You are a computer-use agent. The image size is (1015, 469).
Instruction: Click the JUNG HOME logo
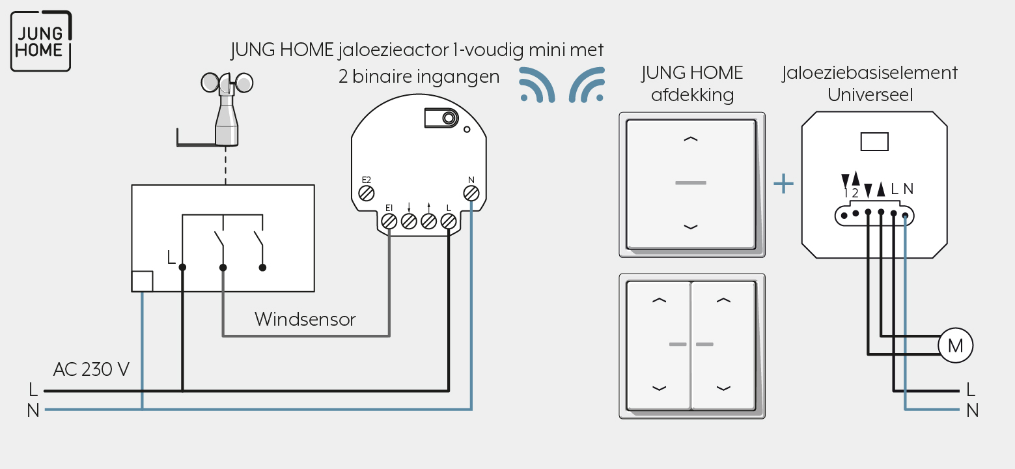41,41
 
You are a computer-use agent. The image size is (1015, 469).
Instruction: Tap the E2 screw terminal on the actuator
366,193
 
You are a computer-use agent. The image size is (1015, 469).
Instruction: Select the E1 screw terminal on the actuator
389,221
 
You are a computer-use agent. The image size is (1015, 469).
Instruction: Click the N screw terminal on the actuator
471,193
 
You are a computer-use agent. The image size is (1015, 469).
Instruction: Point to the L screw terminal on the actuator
449,221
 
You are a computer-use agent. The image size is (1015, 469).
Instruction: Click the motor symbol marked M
955,346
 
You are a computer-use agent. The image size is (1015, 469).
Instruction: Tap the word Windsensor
305,319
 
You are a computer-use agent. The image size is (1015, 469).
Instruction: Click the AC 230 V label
91,369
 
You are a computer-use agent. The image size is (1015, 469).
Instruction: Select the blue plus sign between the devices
783,184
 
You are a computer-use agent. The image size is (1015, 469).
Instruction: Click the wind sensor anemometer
227,109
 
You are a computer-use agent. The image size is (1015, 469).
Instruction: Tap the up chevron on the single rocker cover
691,139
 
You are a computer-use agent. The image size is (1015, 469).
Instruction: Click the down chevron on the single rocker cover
691,227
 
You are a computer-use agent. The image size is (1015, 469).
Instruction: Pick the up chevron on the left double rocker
659,300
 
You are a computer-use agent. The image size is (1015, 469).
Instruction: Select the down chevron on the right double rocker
723,388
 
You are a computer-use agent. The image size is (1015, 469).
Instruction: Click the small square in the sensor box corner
143,281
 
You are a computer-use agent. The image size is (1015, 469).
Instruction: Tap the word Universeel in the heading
870,95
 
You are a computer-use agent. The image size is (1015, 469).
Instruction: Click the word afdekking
692,95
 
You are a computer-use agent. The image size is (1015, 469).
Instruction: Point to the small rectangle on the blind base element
874,142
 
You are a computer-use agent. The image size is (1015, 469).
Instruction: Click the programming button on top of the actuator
441,119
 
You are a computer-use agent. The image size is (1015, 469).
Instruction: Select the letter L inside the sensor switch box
171,257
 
